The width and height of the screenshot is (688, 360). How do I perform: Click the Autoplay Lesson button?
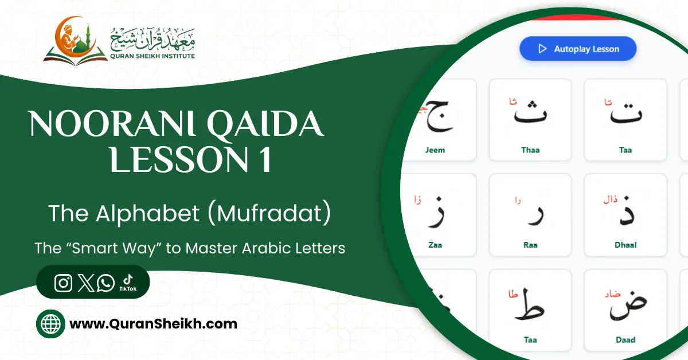(578, 49)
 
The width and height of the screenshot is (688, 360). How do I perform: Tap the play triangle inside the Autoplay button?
(542, 49)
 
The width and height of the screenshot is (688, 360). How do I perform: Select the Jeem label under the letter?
(435, 150)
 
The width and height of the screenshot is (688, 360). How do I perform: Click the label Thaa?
(530, 150)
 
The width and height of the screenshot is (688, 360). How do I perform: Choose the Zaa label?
(435, 245)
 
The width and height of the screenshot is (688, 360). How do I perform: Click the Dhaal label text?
(626, 245)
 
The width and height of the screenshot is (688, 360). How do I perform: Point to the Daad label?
(626, 340)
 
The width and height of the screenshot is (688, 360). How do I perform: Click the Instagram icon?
(63, 283)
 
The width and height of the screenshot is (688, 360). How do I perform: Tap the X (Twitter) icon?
(85, 283)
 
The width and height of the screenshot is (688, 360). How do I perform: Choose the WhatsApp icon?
(105, 283)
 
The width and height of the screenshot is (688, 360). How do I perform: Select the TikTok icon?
(127, 281)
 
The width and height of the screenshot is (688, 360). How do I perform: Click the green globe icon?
(50, 324)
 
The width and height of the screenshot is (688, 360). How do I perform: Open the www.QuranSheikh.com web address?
(153, 324)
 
